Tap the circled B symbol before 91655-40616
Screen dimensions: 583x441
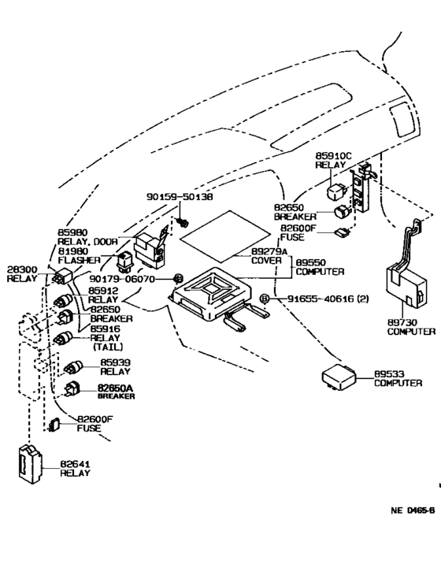(265, 299)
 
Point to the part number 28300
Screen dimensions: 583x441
(21, 269)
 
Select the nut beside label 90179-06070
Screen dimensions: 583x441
(179, 279)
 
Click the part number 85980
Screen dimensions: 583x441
(72, 232)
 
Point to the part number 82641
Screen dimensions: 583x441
(75, 464)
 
